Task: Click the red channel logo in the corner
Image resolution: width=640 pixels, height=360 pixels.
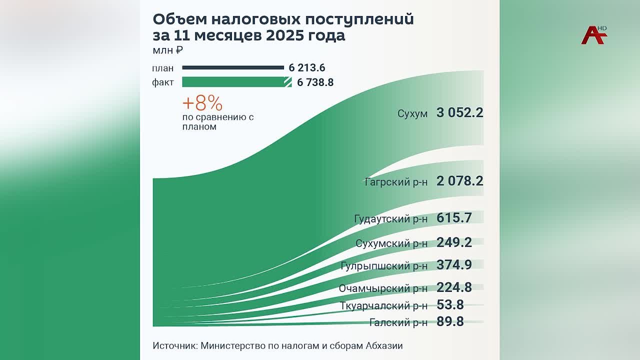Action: pyautogui.click(x=593, y=34)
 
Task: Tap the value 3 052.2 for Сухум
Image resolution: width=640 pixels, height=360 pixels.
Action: pyautogui.click(x=459, y=112)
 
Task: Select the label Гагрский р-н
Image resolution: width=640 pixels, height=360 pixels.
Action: pyautogui.click(x=396, y=181)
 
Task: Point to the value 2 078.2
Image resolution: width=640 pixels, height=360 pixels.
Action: pyautogui.click(x=459, y=180)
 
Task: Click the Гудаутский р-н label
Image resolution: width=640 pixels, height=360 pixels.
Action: pyautogui.click(x=390, y=219)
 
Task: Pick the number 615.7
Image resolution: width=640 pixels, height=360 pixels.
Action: pyautogui.click(x=454, y=217)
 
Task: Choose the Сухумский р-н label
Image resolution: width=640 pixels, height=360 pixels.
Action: pyautogui.click(x=391, y=243)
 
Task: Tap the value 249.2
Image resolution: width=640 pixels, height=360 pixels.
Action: pyautogui.click(x=454, y=242)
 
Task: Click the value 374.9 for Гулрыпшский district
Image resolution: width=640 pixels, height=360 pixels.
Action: pyautogui.click(x=454, y=264)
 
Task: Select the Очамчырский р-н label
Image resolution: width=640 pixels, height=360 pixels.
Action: pyautogui.click(x=383, y=288)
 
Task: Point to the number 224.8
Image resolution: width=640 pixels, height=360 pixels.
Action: pyautogui.click(x=454, y=287)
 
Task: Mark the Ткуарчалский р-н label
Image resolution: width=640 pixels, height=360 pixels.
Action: pyautogui.click(x=383, y=306)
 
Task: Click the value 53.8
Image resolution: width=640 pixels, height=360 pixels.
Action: pyautogui.click(x=450, y=304)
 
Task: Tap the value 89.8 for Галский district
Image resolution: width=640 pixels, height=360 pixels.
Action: pyautogui.click(x=450, y=321)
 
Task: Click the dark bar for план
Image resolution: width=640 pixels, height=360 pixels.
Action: pyautogui.click(x=233, y=67)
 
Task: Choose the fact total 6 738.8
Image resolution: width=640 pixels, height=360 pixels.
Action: pyautogui.click(x=315, y=82)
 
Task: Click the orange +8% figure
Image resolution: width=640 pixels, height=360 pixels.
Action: pyautogui.click(x=202, y=103)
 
